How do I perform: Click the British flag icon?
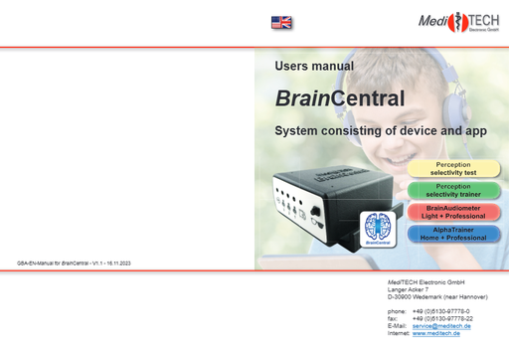coord(281,22)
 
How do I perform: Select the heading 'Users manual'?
coord(314,67)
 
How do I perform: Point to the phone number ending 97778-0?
coord(440,310)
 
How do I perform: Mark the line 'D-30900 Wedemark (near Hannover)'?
coord(440,297)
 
